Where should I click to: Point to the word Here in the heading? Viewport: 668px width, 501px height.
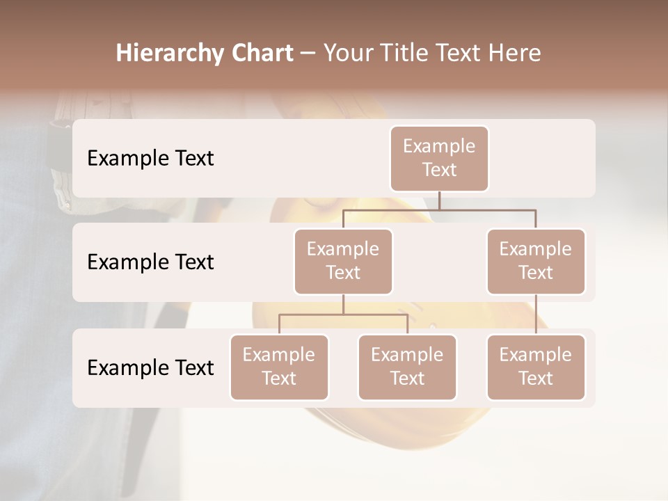(514, 53)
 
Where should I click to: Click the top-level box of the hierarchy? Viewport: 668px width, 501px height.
(439, 159)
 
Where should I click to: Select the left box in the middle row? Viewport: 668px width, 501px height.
(343, 261)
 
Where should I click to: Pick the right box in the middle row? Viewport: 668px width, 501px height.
(536, 261)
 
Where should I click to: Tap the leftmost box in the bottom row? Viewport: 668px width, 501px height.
(279, 367)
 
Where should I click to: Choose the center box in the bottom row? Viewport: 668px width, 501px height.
(407, 367)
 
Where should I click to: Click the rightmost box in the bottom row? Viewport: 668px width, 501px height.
(536, 367)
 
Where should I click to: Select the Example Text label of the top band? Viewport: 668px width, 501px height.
(150, 159)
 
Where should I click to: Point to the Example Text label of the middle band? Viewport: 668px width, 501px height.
(150, 262)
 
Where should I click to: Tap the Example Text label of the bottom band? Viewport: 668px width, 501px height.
(150, 367)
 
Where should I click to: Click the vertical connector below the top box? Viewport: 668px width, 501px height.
(439, 200)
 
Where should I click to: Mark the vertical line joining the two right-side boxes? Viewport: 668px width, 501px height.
(536, 315)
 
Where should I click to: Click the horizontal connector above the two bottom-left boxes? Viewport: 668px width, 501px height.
(343, 315)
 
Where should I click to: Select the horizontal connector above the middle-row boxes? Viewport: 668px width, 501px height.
(439, 209)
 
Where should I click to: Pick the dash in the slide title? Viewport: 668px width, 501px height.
(308, 53)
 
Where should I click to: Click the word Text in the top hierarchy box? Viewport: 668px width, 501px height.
(439, 170)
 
